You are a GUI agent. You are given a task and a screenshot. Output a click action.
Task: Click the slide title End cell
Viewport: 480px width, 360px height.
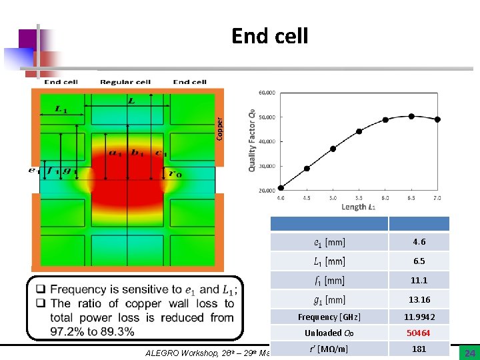(x=269, y=35)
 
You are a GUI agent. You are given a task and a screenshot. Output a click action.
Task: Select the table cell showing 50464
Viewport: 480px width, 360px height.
(x=419, y=333)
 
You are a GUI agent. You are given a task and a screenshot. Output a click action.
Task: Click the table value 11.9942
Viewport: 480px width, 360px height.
(x=419, y=317)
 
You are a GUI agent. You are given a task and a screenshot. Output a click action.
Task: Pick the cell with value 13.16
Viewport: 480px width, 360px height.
(x=419, y=300)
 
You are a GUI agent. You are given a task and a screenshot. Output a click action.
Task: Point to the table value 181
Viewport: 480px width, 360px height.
(x=419, y=349)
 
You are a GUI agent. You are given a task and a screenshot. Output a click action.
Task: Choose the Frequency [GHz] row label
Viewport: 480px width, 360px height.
(x=329, y=317)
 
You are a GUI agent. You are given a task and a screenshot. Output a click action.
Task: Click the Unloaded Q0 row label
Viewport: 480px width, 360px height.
(x=329, y=333)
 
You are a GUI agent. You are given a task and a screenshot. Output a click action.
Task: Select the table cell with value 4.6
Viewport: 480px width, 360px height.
(x=419, y=242)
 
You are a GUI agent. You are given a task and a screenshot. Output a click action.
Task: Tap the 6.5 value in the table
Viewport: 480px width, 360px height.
(x=419, y=261)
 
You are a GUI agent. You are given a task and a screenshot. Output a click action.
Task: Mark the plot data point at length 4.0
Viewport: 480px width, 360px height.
(x=281, y=188)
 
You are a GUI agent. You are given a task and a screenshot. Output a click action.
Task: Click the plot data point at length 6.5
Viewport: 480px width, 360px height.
(x=411, y=116)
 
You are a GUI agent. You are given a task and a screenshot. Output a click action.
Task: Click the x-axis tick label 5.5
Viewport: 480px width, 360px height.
(x=359, y=198)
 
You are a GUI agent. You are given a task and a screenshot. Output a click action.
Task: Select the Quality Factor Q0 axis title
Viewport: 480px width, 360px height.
(x=252, y=141)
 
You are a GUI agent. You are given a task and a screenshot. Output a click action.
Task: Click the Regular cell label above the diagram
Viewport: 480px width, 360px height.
(x=125, y=82)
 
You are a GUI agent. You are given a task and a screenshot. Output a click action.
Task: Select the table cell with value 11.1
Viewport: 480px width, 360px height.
(x=419, y=281)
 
